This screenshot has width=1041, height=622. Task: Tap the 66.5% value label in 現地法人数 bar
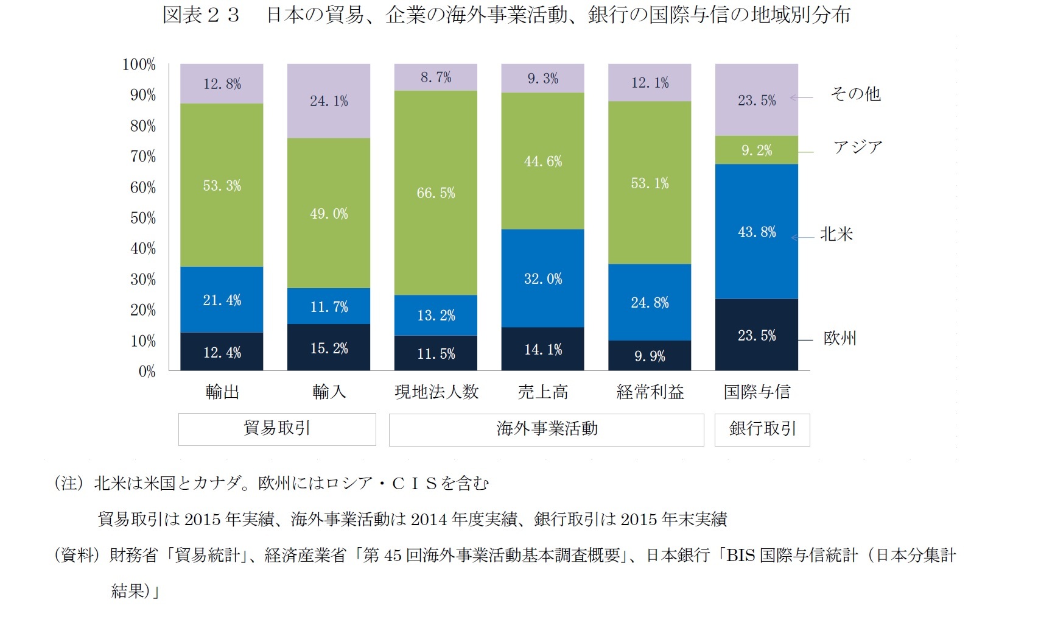click(x=436, y=193)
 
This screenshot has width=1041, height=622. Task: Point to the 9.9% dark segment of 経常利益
click(x=650, y=356)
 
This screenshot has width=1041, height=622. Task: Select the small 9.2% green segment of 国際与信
click(x=757, y=150)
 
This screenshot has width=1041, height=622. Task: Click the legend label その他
click(x=856, y=94)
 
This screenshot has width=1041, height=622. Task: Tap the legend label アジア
click(x=858, y=147)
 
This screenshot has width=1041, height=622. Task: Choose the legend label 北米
click(x=836, y=234)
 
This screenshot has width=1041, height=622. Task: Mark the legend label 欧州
click(x=840, y=338)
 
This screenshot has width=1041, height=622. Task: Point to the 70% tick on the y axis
click(x=143, y=157)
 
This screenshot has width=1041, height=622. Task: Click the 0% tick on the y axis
click(x=147, y=372)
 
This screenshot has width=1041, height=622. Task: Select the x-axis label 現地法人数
click(x=436, y=392)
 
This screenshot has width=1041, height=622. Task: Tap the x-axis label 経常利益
click(x=650, y=392)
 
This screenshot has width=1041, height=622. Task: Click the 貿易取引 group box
click(x=277, y=429)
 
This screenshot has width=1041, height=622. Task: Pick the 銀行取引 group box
click(x=762, y=429)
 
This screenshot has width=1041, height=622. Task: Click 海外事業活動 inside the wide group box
click(x=547, y=429)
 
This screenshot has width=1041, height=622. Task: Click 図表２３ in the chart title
click(x=201, y=15)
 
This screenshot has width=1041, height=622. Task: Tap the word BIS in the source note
click(x=740, y=555)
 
